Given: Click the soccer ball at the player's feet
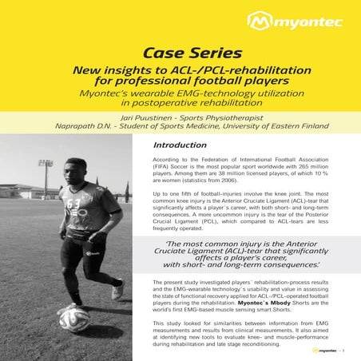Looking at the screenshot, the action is tap(73, 319).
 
